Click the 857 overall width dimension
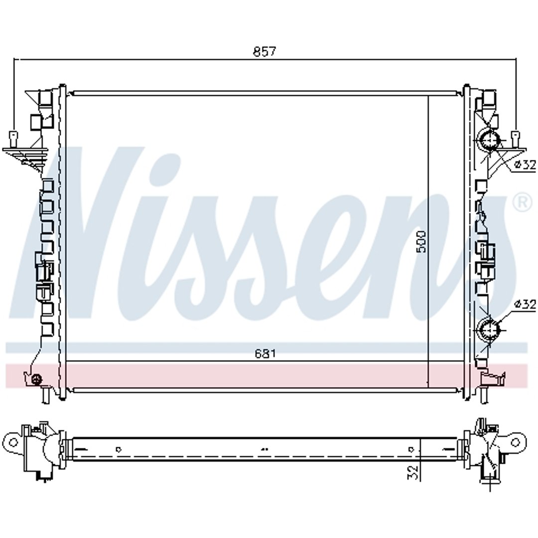pyautogui.click(x=264, y=51)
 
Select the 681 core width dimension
pyautogui.click(x=265, y=353)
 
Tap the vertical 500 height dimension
pyautogui.click(x=421, y=242)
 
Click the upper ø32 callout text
pyautogui.click(x=525, y=165)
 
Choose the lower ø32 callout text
pyautogui.click(x=525, y=304)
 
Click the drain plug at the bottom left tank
pyautogui.click(x=36, y=379)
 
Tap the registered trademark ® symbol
pyautogui.click(x=523, y=203)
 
